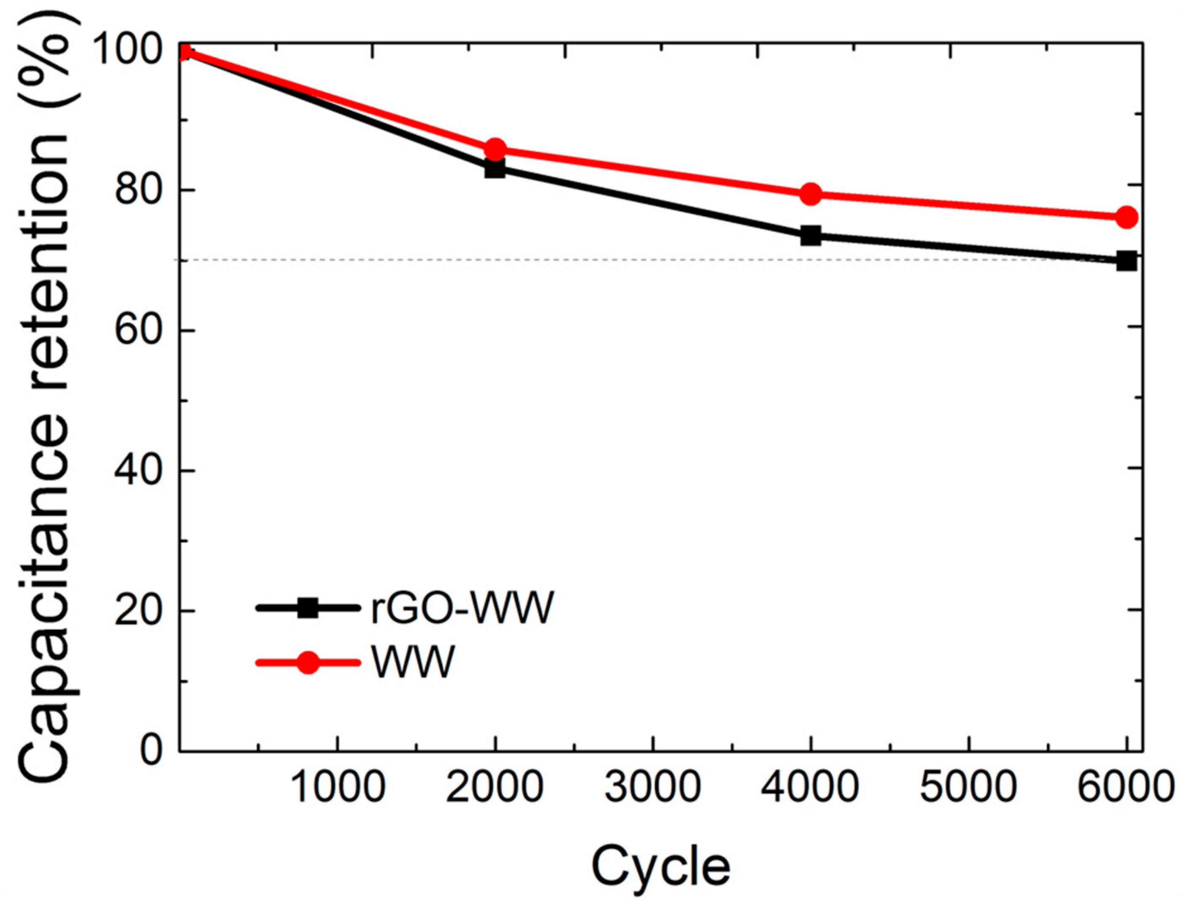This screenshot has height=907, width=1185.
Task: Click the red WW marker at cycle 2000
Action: click(495, 149)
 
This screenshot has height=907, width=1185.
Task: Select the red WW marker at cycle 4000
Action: click(811, 194)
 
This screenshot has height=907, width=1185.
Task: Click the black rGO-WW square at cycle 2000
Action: click(495, 169)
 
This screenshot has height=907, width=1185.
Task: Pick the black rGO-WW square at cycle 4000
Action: click(811, 235)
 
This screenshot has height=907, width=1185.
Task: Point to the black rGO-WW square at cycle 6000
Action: click(1126, 261)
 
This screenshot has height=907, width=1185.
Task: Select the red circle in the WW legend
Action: click(309, 662)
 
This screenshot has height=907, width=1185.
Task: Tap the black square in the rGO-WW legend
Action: click(309, 608)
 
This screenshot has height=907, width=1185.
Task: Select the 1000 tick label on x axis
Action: click(338, 787)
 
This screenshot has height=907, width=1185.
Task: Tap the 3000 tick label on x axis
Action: click(653, 787)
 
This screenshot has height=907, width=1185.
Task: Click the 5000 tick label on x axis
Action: click(968, 787)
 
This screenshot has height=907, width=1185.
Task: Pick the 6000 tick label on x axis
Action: click(1126, 787)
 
